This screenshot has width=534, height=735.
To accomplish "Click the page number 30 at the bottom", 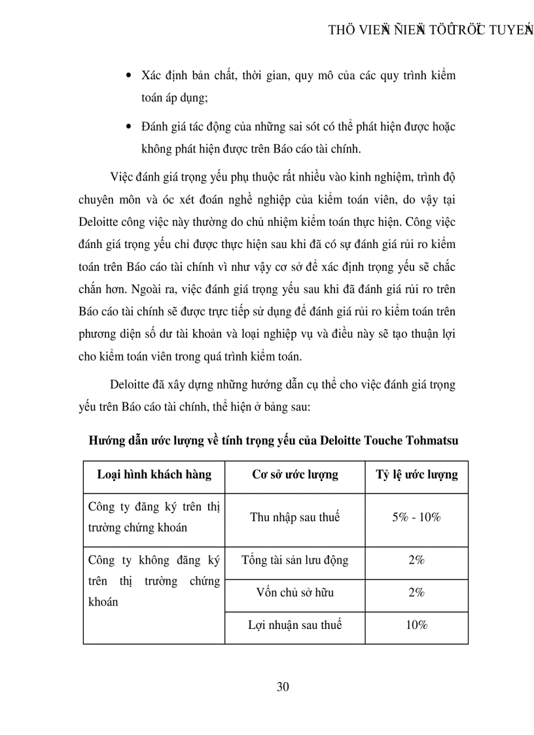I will (283, 687).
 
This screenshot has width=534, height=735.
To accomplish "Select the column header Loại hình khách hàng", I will (154, 475).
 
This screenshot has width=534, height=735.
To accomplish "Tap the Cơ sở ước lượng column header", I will (295, 475).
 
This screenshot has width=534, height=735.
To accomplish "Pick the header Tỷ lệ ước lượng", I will (416, 475).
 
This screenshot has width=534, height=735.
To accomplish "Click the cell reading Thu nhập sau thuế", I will (295, 517).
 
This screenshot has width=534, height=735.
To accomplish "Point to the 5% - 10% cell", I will (416, 517).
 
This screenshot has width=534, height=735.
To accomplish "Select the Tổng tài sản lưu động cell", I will (295, 560).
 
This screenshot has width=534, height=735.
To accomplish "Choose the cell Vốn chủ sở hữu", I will (295, 592).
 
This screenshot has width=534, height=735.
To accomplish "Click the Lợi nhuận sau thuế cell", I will (295, 625).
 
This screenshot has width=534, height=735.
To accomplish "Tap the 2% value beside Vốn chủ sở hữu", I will (416, 592).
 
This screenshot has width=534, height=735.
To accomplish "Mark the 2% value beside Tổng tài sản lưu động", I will (416, 560).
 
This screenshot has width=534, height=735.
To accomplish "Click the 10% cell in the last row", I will (416, 625).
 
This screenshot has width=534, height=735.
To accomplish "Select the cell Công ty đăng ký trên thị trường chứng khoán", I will (154, 517).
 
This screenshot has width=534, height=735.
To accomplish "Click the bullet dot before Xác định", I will (128, 76).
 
